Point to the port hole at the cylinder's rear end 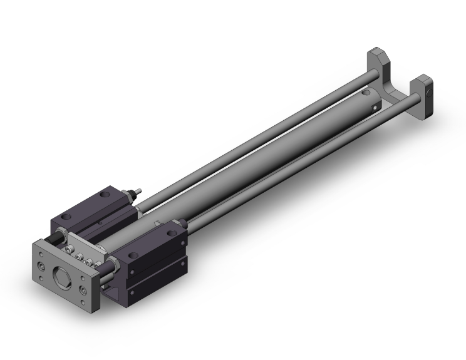pyautogui.click(x=375, y=106)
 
